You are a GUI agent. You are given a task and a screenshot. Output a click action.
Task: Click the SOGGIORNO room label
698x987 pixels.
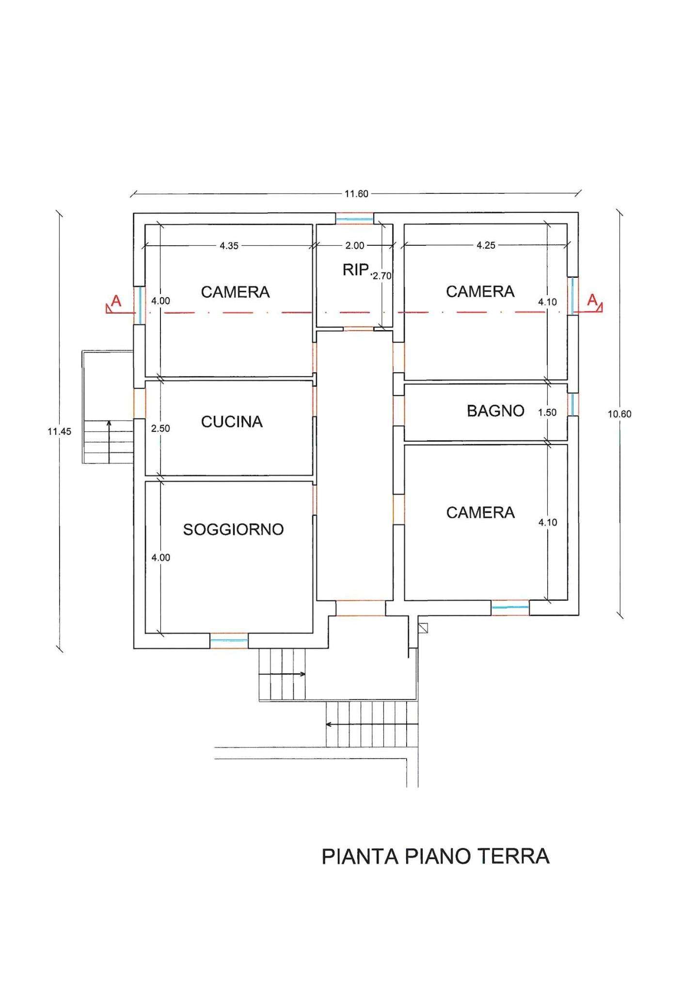[x=233, y=529]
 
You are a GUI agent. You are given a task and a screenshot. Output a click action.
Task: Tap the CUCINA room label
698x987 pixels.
[x=232, y=422]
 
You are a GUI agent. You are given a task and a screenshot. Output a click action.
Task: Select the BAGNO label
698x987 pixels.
[x=495, y=411]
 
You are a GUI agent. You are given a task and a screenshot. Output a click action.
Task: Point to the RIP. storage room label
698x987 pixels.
[x=356, y=270]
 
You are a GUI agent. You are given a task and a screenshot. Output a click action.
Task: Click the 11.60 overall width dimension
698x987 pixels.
[x=356, y=194]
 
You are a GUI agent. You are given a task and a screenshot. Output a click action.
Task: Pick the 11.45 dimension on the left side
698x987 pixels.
[x=59, y=431]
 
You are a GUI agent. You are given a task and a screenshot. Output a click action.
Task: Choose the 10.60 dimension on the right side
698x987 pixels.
[x=619, y=414]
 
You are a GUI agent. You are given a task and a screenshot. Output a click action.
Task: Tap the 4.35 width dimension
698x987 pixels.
[x=229, y=246]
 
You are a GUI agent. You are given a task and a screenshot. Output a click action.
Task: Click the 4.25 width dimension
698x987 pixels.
[x=486, y=245]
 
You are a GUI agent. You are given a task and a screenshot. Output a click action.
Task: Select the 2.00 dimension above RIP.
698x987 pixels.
[x=354, y=246]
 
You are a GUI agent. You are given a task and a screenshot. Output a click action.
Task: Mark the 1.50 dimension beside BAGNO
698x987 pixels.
[x=547, y=413]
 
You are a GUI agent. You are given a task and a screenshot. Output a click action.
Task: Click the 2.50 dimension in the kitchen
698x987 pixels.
[x=160, y=429]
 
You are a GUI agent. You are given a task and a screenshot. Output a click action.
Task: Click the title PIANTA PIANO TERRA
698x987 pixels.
[x=435, y=857]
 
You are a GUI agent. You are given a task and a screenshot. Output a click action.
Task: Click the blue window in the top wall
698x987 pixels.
[x=355, y=219]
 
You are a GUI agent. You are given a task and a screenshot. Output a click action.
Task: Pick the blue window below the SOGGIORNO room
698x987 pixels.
[x=229, y=640]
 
